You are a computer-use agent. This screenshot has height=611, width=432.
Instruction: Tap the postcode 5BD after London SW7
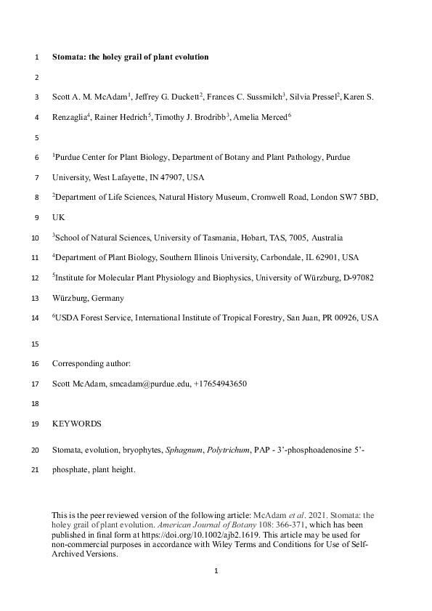[368, 197]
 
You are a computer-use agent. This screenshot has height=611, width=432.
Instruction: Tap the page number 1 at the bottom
[216, 571]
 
